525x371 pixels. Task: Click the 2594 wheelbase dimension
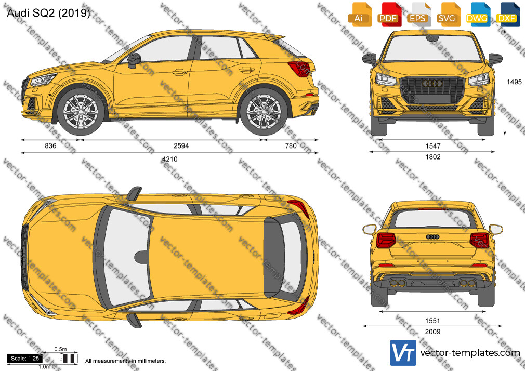click(181, 145)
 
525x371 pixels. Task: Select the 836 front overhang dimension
click(50, 145)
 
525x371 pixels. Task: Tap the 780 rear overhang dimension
click(291, 145)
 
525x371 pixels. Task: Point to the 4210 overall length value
click(170, 159)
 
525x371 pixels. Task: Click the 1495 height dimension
click(514, 82)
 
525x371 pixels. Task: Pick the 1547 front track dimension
click(433, 146)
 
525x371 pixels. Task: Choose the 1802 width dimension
click(433, 157)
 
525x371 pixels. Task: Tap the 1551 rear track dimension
click(432, 321)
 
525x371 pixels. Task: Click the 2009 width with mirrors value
click(432, 332)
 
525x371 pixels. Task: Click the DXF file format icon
click(508, 15)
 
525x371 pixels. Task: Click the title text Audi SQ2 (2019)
click(48, 13)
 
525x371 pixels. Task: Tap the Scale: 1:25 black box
click(25, 359)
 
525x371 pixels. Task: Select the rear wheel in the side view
click(264, 112)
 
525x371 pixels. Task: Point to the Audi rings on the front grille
click(432, 84)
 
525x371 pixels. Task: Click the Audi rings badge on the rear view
click(432, 237)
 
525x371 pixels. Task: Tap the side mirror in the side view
click(133, 60)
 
